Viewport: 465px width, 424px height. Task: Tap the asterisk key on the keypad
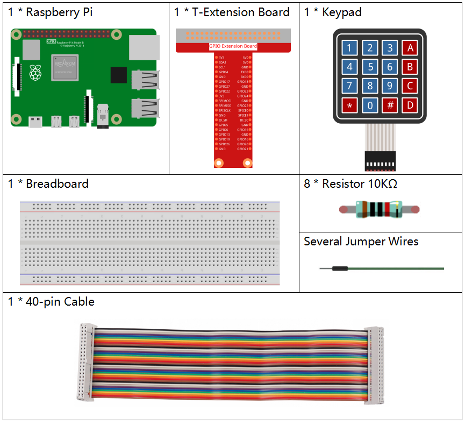pos(349,105)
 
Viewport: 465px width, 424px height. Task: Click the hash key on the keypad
pos(390,105)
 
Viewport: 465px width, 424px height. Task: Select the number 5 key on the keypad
pos(370,67)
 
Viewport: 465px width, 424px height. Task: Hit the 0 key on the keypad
pos(370,105)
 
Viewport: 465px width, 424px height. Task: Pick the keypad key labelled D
pos(410,105)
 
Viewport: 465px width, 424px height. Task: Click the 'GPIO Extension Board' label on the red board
pos(233,47)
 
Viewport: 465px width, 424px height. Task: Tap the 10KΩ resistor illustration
pos(380,209)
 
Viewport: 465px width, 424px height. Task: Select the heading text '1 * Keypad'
pos(333,12)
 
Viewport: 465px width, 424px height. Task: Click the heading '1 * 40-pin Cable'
pos(51,302)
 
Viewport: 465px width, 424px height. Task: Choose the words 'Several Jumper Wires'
pos(361,242)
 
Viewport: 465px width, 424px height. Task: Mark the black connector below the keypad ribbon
pos(380,159)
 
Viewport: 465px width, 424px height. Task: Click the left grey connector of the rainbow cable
pos(86,363)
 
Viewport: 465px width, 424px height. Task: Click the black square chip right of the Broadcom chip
pos(118,75)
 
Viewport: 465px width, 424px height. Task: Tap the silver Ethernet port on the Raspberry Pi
pos(145,47)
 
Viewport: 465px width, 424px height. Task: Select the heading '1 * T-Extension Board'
pos(232,12)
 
